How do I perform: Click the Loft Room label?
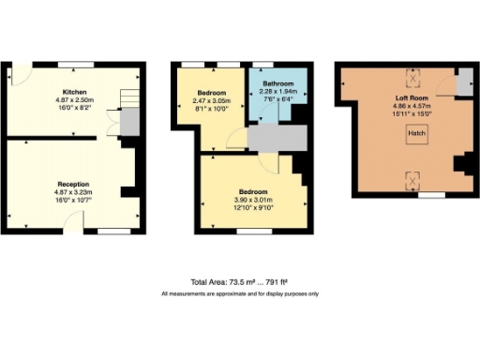tap(412, 97)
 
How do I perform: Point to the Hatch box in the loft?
tap(413, 135)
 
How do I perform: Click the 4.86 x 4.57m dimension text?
tap(412, 105)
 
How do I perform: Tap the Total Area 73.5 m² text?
tap(239, 282)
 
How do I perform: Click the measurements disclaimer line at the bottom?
tap(239, 293)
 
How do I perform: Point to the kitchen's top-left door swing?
tap(21, 75)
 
